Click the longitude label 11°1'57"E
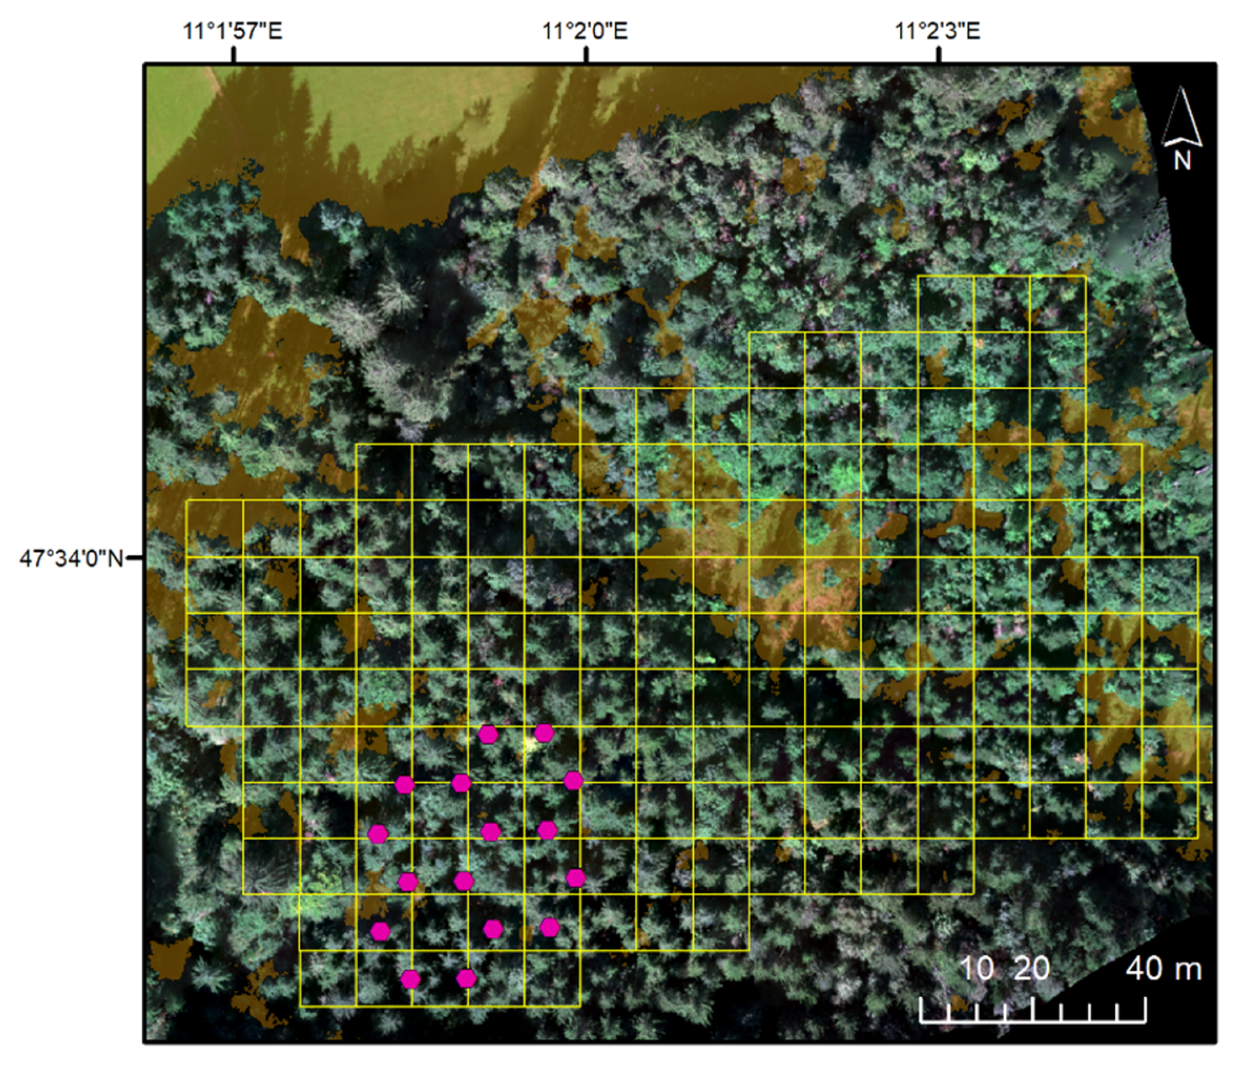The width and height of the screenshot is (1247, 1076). click(x=232, y=31)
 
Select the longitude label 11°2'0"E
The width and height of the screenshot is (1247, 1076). click(x=585, y=31)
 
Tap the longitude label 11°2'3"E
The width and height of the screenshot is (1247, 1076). click(x=938, y=31)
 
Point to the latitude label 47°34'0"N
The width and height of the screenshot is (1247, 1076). click(x=72, y=559)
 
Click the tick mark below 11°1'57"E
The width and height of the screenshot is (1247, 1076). click(x=234, y=55)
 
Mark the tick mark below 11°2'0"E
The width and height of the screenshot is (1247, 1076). click(x=587, y=55)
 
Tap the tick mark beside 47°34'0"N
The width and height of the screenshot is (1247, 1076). click(x=135, y=558)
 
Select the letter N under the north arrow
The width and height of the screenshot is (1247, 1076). click(x=1182, y=161)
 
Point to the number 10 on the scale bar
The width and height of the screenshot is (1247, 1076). click(x=976, y=969)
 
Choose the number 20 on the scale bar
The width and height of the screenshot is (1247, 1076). click(x=1032, y=969)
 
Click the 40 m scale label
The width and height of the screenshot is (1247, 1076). click(x=1164, y=969)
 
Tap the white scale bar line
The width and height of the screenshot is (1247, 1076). click(x=1032, y=1021)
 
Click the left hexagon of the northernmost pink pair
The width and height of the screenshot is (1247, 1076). click(x=488, y=734)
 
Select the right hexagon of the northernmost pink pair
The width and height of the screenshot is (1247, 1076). click(x=544, y=733)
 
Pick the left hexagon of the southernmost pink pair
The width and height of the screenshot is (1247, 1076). click(x=410, y=979)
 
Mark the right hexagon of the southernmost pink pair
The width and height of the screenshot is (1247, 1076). click(x=466, y=979)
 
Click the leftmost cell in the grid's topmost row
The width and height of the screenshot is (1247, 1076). click(x=945, y=304)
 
